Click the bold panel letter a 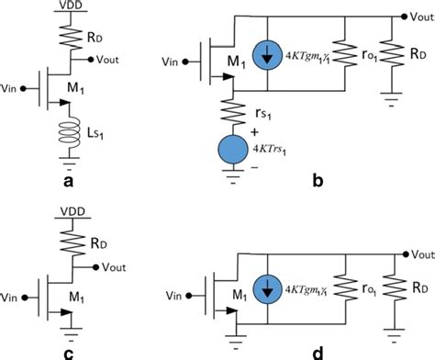(x=67, y=182)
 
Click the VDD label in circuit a (x=67, y=6)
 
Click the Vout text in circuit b (x=420, y=16)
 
